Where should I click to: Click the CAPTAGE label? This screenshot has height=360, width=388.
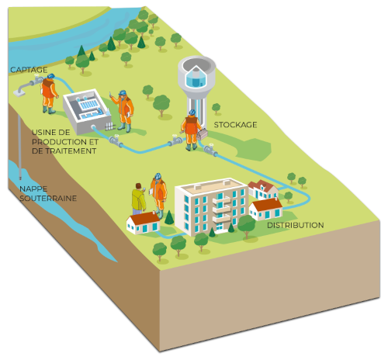(x=29, y=70)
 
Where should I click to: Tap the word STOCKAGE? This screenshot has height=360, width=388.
(x=235, y=125)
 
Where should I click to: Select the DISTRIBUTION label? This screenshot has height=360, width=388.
(x=296, y=225)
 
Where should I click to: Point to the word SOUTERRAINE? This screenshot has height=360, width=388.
(x=48, y=199)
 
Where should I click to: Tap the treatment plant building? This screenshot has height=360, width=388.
(x=87, y=111)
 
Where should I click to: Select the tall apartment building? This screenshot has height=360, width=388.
(x=211, y=206)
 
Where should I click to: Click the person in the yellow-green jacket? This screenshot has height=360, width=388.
(x=139, y=199)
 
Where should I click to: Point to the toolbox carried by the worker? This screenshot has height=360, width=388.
(x=203, y=134)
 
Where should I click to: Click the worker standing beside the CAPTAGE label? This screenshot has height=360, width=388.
(x=49, y=94)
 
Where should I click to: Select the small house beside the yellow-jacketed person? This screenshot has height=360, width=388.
(x=143, y=223)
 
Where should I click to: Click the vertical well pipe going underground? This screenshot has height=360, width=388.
(x=20, y=147)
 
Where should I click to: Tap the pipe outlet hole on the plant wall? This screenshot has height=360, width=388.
(x=93, y=127)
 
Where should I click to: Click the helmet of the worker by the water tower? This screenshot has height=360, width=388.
(x=192, y=112)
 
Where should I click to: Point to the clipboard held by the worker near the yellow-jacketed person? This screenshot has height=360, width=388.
(x=151, y=191)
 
